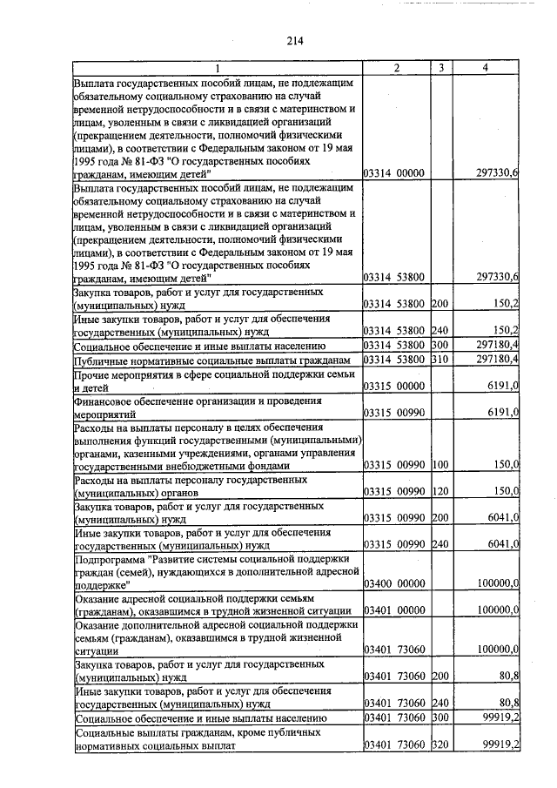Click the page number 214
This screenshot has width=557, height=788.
click(x=293, y=40)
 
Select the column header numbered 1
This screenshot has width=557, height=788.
click(x=218, y=68)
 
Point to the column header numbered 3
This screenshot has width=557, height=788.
click(x=442, y=68)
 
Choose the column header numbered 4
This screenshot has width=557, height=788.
click(x=486, y=68)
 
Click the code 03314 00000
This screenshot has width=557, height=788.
click(x=393, y=173)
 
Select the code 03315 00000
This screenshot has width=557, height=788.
click(x=393, y=386)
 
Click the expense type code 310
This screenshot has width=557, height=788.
click(x=441, y=360)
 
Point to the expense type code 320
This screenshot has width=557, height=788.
click(x=441, y=744)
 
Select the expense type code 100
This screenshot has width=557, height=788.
click(x=441, y=465)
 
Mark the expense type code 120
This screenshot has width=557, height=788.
click(x=441, y=491)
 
